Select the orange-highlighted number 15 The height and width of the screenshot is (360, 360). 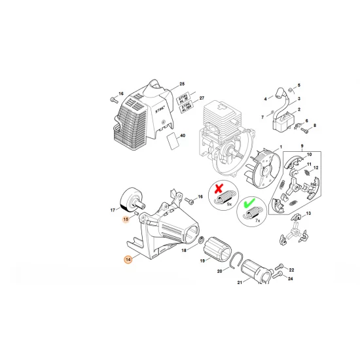click(x=126, y=219)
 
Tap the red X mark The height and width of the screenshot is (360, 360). click(x=219, y=188)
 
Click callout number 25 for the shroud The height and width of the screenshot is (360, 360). click(x=182, y=84)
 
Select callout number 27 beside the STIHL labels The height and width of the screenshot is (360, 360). click(x=184, y=97)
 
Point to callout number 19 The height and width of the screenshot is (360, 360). click(x=202, y=261)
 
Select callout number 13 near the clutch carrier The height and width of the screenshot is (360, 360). click(x=308, y=214)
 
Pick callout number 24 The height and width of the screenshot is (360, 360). click(x=291, y=279)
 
